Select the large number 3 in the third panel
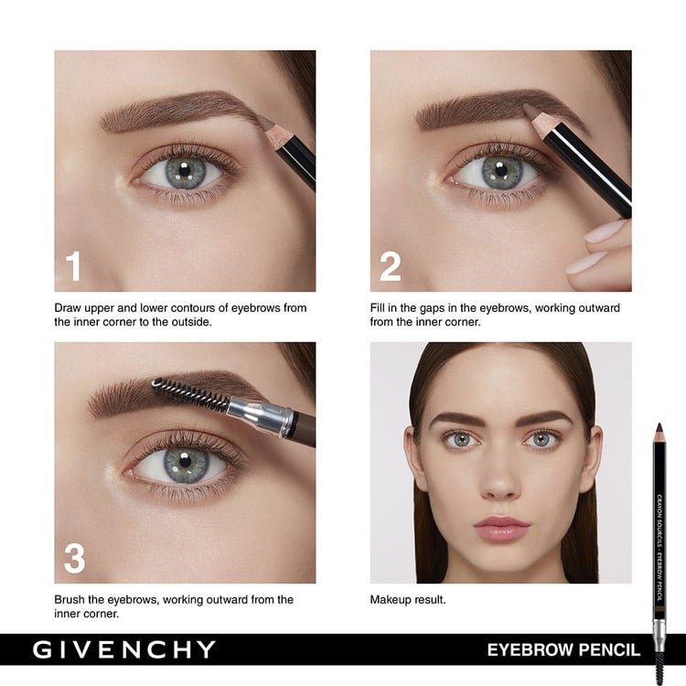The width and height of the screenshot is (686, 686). click(74, 556)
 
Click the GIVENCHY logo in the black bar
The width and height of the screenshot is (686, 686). click(124, 650)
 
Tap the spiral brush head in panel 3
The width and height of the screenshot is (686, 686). click(188, 395)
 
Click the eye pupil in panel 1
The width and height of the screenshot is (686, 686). click(182, 170)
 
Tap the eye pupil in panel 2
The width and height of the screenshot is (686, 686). click(499, 169)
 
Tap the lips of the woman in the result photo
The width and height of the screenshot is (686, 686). click(501, 527)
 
